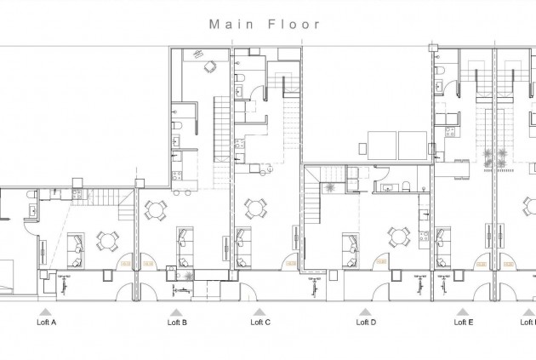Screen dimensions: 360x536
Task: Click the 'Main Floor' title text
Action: point(265,24)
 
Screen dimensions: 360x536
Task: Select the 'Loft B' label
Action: point(177,323)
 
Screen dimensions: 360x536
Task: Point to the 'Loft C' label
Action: point(260,323)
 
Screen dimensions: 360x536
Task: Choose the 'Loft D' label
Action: point(366,323)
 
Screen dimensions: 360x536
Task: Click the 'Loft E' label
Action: point(464,323)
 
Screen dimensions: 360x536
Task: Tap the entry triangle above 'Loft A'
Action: point(43,312)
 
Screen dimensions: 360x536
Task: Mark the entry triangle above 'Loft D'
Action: point(366,312)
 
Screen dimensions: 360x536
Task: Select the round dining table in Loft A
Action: point(107,242)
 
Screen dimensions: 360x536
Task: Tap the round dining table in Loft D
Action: point(397,236)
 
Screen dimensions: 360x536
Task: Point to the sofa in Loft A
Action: point(75,246)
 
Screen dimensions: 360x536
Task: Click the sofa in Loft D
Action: point(349,248)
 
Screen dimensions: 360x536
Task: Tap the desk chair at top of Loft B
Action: point(209,68)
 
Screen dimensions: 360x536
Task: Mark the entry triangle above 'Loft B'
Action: point(177,312)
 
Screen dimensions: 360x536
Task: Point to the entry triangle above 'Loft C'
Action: point(260,312)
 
